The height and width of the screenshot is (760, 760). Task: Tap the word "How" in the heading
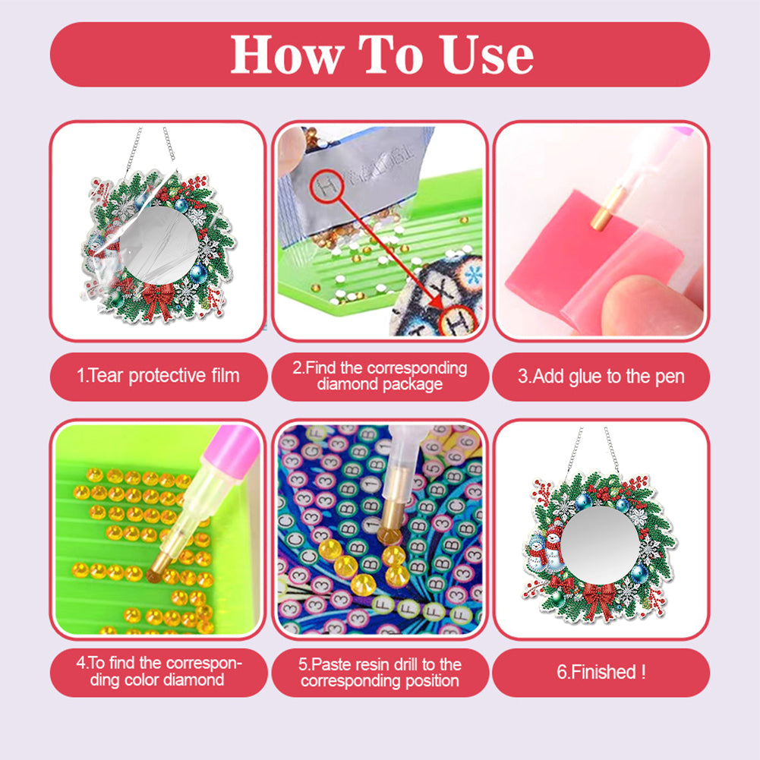click(x=288, y=55)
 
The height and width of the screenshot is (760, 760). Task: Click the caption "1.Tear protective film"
click(x=158, y=376)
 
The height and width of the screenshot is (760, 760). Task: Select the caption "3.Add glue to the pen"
click(x=601, y=376)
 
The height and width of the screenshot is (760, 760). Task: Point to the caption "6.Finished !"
click(x=601, y=672)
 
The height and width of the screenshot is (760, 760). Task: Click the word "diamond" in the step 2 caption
click(x=347, y=384)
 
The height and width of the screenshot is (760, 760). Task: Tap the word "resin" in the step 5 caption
click(x=374, y=664)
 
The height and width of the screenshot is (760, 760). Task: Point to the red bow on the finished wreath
click(x=599, y=601)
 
